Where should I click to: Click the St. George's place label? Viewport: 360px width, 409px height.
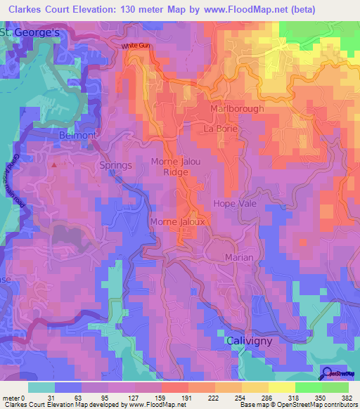(25, 33)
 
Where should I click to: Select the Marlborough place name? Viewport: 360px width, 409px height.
(238, 109)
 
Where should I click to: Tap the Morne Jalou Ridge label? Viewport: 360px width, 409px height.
(175, 167)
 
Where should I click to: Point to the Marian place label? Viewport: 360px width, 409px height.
(239, 258)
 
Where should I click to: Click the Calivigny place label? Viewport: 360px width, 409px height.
(250, 340)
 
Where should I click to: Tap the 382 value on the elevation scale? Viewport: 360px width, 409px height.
(345, 398)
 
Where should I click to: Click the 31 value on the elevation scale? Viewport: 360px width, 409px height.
(51, 398)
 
